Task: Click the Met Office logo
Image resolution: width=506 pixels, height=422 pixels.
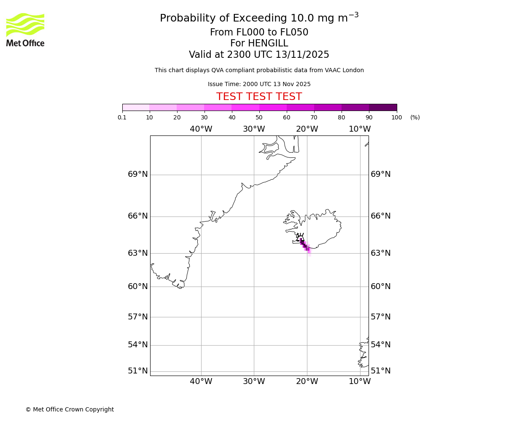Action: (25, 30)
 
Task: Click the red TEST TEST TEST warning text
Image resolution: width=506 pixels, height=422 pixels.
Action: (259, 97)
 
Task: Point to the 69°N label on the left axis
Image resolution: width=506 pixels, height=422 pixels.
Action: (138, 174)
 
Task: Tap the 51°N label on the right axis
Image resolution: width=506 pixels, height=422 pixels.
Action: (380, 371)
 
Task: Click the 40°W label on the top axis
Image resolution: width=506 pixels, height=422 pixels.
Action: (201, 129)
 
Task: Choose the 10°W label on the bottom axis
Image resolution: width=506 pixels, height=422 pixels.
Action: (360, 381)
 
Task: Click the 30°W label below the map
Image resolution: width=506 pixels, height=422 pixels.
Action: (254, 381)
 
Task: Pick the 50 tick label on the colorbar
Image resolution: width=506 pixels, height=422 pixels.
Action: (259, 117)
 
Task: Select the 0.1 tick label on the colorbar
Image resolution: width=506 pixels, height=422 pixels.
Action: (122, 117)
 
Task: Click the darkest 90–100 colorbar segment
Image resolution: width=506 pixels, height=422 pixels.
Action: (383, 107)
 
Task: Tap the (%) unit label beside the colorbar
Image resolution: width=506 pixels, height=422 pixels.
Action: (415, 117)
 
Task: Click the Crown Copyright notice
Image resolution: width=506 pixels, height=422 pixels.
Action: (70, 409)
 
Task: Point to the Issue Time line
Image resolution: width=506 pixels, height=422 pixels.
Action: (259, 84)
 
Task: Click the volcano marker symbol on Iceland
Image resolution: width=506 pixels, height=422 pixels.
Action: (300, 238)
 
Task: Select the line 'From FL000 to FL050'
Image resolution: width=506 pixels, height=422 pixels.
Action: (259, 32)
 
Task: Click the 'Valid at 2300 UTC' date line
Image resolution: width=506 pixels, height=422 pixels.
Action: (259, 55)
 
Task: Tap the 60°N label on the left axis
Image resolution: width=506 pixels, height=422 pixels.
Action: (138, 287)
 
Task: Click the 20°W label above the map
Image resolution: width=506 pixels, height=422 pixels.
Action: (307, 129)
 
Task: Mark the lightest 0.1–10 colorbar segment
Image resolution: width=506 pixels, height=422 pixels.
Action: (136, 107)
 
